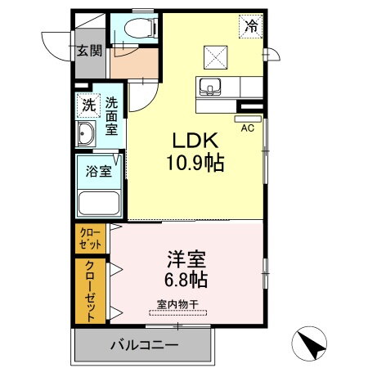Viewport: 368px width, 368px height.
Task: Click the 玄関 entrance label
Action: (x=89, y=51)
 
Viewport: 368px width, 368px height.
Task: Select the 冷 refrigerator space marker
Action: (x=250, y=26)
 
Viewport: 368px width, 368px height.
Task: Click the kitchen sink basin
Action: (x=210, y=88)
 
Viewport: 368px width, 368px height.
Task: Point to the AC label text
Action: (x=245, y=127)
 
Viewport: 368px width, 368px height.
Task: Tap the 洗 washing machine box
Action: (x=88, y=105)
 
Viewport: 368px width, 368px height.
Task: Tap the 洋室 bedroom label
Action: (x=186, y=258)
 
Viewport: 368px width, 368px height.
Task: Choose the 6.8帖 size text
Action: (x=186, y=280)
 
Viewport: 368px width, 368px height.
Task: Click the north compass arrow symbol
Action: (x=310, y=341)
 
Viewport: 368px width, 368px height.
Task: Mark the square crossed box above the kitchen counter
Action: (x=218, y=56)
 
